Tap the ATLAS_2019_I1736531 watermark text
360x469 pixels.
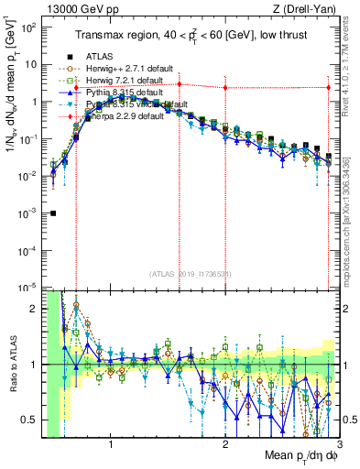click(188, 273)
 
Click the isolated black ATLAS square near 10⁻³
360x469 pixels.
click(53, 213)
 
